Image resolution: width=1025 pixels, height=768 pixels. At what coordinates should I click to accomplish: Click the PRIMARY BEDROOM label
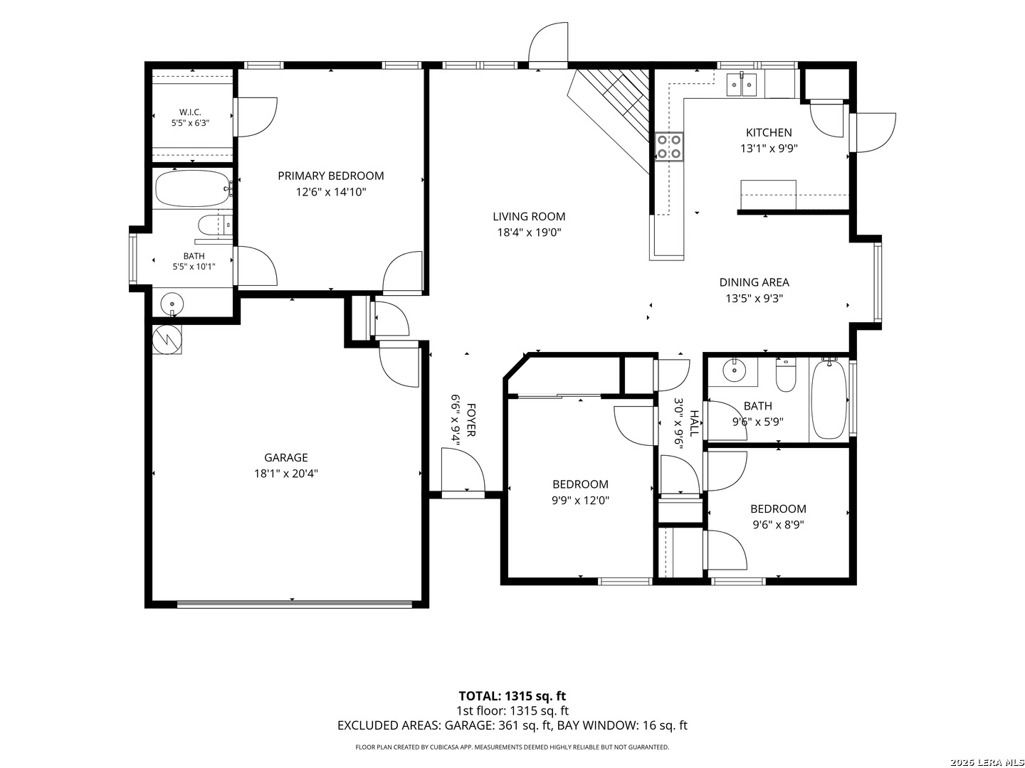click(x=330, y=176)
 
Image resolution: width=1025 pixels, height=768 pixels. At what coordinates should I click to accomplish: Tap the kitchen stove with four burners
click(x=668, y=146)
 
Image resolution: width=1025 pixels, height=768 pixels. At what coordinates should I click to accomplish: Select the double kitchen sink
click(x=741, y=85)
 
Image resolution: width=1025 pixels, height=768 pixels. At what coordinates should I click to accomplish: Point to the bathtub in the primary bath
click(x=192, y=188)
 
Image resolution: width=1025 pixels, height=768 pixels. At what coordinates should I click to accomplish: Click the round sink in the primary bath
click(x=172, y=304)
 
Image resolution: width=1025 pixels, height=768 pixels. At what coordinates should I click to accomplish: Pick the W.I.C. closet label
click(x=190, y=112)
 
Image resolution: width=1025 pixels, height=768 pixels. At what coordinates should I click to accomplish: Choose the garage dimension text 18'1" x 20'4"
click(x=285, y=474)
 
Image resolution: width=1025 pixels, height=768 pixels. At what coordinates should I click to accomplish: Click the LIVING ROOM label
click(x=529, y=216)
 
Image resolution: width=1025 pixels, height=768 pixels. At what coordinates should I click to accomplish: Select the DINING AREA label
click(x=754, y=282)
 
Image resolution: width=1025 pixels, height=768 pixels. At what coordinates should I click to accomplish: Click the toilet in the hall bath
click(x=785, y=375)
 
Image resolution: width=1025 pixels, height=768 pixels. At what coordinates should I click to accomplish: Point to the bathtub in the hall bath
click(x=829, y=399)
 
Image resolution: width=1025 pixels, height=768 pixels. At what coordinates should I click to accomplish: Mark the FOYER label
click(x=471, y=420)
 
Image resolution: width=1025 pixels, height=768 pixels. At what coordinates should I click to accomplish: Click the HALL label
click(x=695, y=423)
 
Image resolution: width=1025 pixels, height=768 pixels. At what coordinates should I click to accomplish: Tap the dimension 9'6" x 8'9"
click(x=778, y=525)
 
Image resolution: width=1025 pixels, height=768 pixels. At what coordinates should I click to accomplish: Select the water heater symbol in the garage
click(x=167, y=339)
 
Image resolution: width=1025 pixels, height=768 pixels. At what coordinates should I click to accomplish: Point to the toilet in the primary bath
click(x=215, y=225)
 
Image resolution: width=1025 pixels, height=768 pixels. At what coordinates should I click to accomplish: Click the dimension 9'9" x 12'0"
click(x=580, y=501)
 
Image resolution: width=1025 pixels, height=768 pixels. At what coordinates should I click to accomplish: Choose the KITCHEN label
click(x=769, y=132)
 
